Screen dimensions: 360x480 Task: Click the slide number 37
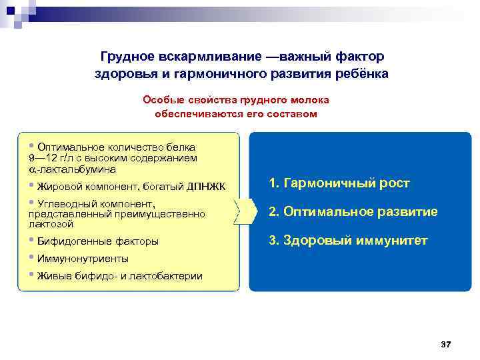(446, 344)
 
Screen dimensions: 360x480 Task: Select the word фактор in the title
(360, 58)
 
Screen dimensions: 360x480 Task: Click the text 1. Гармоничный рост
(339, 183)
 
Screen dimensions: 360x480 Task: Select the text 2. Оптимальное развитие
(353, 211)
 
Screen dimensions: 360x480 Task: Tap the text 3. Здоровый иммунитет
(347, 240)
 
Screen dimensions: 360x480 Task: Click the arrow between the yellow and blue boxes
(245, 211)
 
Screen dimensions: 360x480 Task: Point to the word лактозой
(51, 224)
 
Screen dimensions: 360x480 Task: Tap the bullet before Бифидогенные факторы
(32, 240)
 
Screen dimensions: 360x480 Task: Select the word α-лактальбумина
(64, 170)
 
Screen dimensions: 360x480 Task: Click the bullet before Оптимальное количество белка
(32, 145)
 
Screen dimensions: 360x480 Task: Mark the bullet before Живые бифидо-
(32, 275)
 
